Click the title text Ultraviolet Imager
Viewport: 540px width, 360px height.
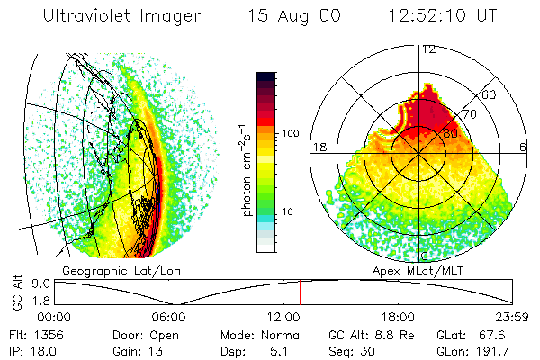tap(121, 16)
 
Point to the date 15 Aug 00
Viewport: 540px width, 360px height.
tap(294, 16)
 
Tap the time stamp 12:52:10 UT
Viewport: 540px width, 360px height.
tap(443, 15)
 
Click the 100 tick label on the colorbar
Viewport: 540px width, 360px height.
tap(291, 133)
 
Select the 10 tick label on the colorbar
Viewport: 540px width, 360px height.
tap(288, 211)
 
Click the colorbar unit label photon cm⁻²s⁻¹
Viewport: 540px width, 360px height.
tap(246, 170)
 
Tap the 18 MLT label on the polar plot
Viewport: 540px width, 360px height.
tap(319, 147)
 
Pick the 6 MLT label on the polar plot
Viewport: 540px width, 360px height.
tap(523, 147)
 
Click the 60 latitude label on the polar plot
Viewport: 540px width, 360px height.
tap(489, 94)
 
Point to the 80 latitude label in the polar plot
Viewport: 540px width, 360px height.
tap(450, 133)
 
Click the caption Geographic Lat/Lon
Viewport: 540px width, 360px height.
tap(121, 271)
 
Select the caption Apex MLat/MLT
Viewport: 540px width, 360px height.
tap(418, 271)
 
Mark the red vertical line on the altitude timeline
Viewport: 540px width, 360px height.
tap(300, 292)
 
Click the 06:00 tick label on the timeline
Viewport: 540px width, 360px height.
tap(169, 317)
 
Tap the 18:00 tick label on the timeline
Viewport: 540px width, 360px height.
tap(398, 317)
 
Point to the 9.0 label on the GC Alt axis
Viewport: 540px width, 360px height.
tap(41, 283)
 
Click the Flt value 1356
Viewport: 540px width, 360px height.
tap(49, 335)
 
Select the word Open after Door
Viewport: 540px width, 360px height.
tap(165, 336)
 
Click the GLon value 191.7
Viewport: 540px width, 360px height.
tap(492, 351)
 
